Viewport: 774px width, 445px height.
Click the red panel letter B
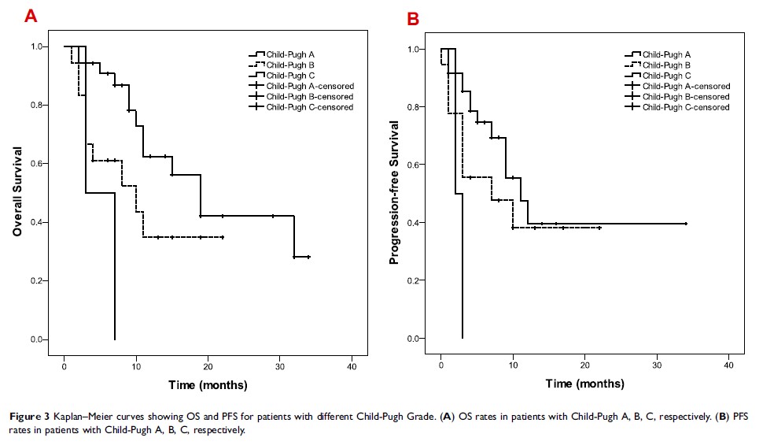pyautogui.click(x=413, y=18)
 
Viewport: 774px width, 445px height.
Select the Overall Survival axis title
pyautogui.click(x=17, y=192)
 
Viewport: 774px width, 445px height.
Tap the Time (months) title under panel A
pyautogui.click(x=208, y=385)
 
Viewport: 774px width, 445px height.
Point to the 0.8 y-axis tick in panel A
pyautogui.click(x=39, y=105)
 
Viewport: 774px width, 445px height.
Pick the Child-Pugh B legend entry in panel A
pyautogui.click(x=290, y=65)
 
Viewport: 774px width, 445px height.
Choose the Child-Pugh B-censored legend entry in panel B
pyautogui.click(x=686, y=96)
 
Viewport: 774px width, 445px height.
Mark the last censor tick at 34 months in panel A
pyautogui.click(x=308, y=257)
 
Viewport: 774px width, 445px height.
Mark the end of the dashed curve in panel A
pyautogui.click(x=223, y=237)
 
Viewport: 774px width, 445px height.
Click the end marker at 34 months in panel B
pyautogui.click(x=686, y=224)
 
